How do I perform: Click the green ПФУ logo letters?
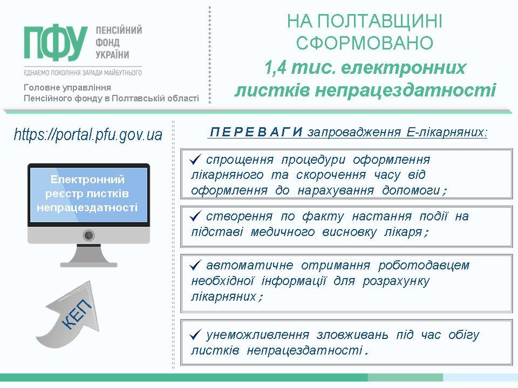tap(56, 43)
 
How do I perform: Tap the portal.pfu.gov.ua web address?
tap(88, 135)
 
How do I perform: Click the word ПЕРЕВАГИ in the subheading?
tap(256, 132)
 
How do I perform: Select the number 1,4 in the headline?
tap(275, 68)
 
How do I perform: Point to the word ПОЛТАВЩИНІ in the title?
tap(379, 21)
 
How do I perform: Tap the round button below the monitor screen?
tap(88, 235)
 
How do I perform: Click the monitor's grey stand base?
tap(89, 264)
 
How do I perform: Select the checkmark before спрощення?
tap(195, 160)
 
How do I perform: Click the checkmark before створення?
tap(195, 217)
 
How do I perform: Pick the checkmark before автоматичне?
tap(195, 265)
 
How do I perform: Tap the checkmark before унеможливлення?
tap(195, 335)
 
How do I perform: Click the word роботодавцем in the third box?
tap(424, 265)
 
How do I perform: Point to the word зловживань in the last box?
tap(352, 335)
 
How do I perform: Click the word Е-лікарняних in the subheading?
tap(447, 132)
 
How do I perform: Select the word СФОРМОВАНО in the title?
tap(364, 43)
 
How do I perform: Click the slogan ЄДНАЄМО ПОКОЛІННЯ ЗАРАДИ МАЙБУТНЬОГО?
tap(83, 72)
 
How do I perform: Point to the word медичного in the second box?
tap(282, 232)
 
